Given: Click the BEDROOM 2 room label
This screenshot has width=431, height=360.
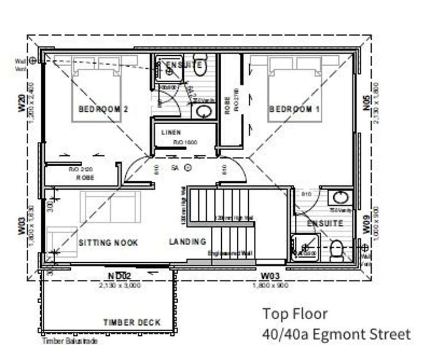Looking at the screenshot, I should pos(103,109).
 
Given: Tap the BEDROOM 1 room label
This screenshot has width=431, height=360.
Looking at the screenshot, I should pos(295,109).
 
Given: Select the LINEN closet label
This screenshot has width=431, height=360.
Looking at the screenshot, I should pos(171,132).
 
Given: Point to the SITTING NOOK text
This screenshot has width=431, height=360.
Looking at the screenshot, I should pos(108,243).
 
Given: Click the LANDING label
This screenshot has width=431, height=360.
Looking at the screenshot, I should pos(187,242).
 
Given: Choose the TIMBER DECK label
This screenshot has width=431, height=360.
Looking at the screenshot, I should pos(132,322).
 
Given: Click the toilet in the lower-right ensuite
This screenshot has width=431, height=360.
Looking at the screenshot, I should pos(337,249).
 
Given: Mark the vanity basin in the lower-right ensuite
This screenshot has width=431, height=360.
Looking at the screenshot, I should pos(341,198).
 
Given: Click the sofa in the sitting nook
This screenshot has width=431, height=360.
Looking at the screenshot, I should pos(110,208).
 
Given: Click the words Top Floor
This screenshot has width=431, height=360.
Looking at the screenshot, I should pos(295,314).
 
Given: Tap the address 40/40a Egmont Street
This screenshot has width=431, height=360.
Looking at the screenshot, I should pos(336,334).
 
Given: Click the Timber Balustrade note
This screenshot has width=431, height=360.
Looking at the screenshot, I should pos(70,342).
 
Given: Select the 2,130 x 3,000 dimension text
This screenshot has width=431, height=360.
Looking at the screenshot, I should pos(120,285).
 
